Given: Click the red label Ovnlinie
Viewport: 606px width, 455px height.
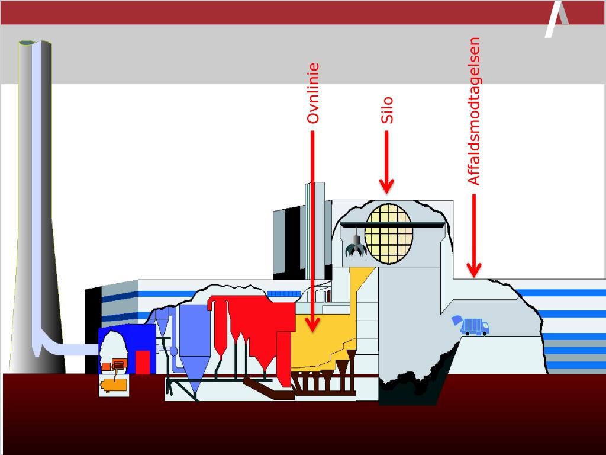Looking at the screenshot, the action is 313,94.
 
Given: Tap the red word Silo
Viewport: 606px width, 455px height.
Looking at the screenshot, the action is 387,111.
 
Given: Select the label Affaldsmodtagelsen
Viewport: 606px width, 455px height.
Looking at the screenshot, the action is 473,112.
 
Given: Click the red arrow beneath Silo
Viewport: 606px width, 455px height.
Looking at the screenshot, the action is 387,162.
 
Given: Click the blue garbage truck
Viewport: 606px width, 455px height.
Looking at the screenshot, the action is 472,326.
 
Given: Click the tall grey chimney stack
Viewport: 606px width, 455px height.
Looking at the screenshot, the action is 36,207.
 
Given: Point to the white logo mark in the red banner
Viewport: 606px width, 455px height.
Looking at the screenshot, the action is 556,20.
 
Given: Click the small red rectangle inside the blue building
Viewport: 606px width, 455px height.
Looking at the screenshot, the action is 143,362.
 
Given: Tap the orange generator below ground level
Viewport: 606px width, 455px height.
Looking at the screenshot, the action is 114,384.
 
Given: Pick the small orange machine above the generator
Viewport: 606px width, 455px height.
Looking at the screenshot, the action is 115,364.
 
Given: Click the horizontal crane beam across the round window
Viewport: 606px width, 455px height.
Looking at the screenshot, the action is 394,224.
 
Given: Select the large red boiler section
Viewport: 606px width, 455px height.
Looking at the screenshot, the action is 254,326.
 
